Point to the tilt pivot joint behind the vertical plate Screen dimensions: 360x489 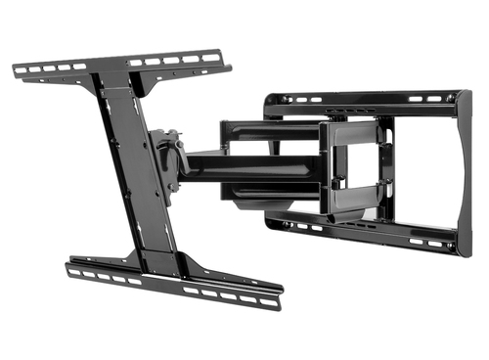(x=168, y=157)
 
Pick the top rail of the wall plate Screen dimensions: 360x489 (x=362, y=98)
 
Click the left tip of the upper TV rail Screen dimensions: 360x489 (x=17, y=69)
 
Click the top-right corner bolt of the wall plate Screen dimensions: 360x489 (x=449, y=97)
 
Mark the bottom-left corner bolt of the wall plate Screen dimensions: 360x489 (x=274, y=219)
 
